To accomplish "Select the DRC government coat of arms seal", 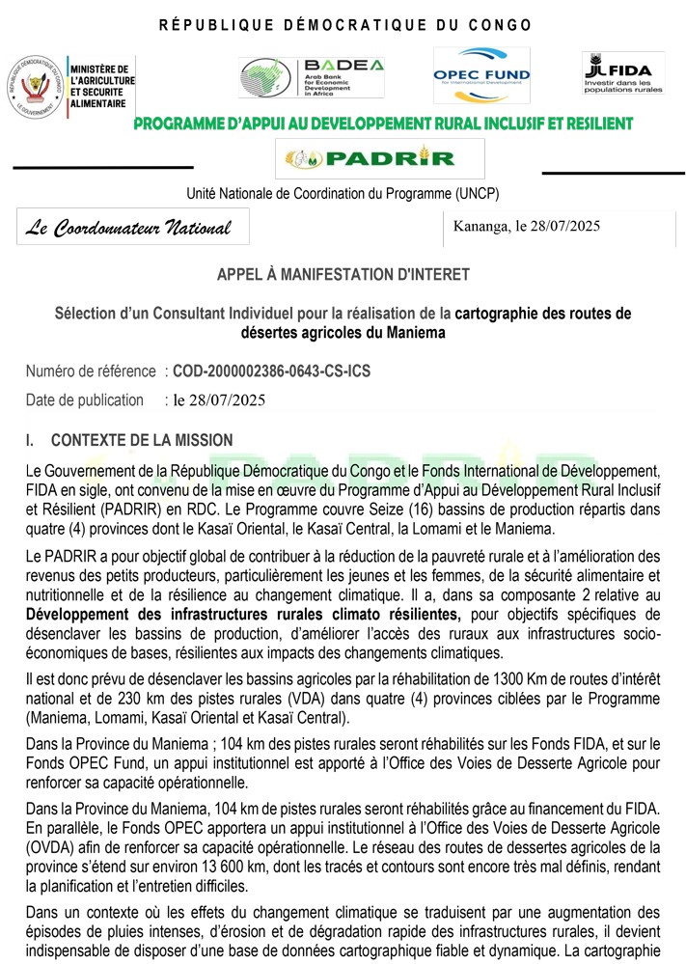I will [x=34, y=86].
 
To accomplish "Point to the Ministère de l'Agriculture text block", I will [x=101, y=87].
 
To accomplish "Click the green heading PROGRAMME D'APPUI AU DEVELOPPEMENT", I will [x=383, y=124].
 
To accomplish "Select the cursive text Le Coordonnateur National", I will [x=128, y=228].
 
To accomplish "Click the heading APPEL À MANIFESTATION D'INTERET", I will [x=343, y=275].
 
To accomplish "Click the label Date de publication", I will [x=85, y=399].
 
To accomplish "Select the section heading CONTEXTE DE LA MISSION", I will [x=141, y=441].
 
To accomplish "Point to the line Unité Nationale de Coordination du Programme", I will [x=343, y=194].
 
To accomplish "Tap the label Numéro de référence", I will [x=91, y=371].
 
